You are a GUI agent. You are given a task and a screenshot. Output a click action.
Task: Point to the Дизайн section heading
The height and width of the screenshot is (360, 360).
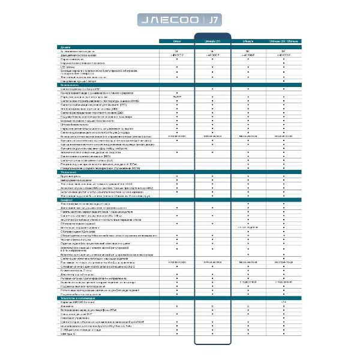point(66,46)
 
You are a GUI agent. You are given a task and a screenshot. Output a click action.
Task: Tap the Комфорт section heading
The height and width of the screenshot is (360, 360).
point(67,199)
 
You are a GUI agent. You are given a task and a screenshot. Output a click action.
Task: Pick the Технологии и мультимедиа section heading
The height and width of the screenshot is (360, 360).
point(78,298)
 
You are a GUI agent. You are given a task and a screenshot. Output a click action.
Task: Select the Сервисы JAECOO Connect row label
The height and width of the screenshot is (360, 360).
point(78,302)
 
